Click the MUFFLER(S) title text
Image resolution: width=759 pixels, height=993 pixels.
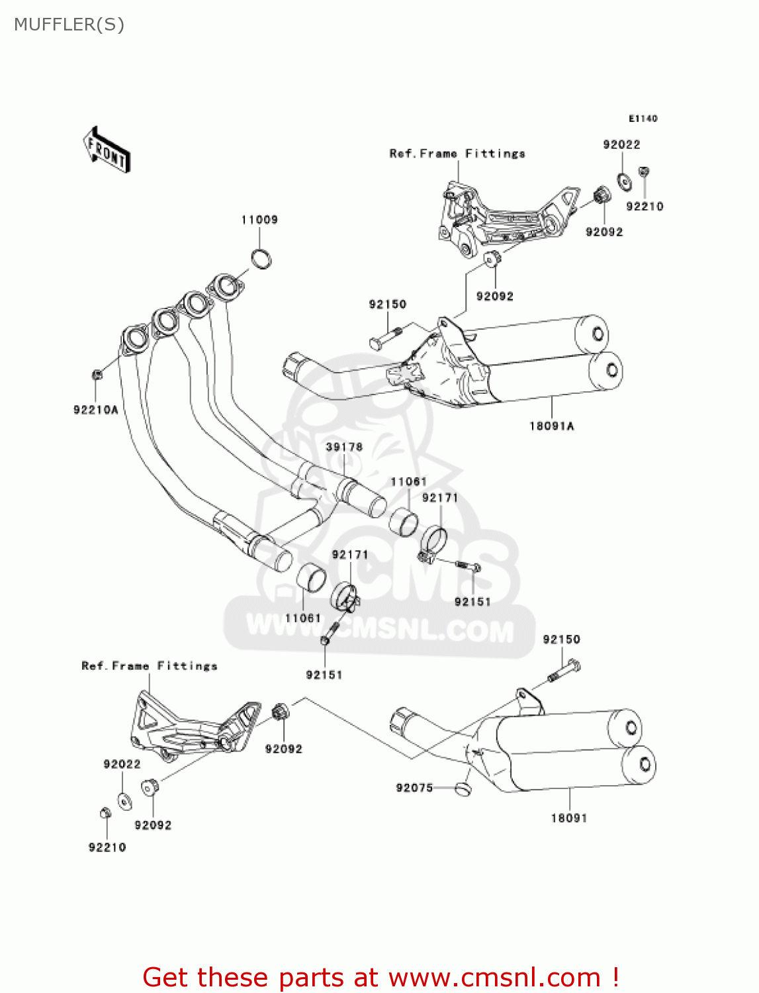(69, 24)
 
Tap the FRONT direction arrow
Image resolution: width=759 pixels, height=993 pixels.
(106, 150)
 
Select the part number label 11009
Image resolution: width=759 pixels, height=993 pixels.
(259, 220)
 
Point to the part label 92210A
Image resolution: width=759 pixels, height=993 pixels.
(96, 410)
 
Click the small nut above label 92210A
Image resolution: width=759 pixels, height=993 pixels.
(97, 375)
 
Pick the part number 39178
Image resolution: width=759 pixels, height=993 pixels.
(344, 447)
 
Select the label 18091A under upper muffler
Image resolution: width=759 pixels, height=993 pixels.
(552, 426)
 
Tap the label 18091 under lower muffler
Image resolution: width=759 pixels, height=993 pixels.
(569, 818)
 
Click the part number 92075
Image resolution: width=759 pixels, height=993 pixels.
(414, 788)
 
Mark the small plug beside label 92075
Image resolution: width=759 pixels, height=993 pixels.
(463, 788)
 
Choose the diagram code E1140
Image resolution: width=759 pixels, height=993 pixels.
(643, 118)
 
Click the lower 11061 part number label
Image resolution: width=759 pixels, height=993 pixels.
(303, 618)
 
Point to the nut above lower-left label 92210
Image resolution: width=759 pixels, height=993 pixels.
(105, 813)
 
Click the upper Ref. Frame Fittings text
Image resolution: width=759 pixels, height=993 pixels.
(457, 154)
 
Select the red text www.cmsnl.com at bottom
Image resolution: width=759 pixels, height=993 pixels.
(494, 977)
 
